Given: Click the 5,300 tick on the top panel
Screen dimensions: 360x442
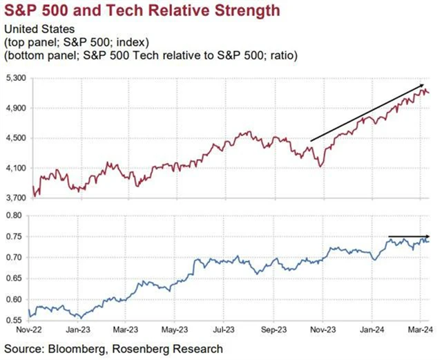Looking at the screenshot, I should (15, 79).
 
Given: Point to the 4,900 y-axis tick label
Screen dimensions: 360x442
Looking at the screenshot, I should (15, 108).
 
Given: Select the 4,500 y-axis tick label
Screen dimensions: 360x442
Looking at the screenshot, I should (15, 138).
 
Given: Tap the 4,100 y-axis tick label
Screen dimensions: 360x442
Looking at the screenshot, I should (15, 168).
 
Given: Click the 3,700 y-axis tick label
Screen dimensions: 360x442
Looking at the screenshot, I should (15, 198).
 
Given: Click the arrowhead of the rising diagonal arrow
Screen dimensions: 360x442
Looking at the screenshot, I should (422, 86).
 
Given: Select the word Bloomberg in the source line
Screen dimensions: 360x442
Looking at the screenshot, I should (74, 349).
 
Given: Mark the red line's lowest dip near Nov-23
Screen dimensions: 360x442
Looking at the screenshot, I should (319, 167).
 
